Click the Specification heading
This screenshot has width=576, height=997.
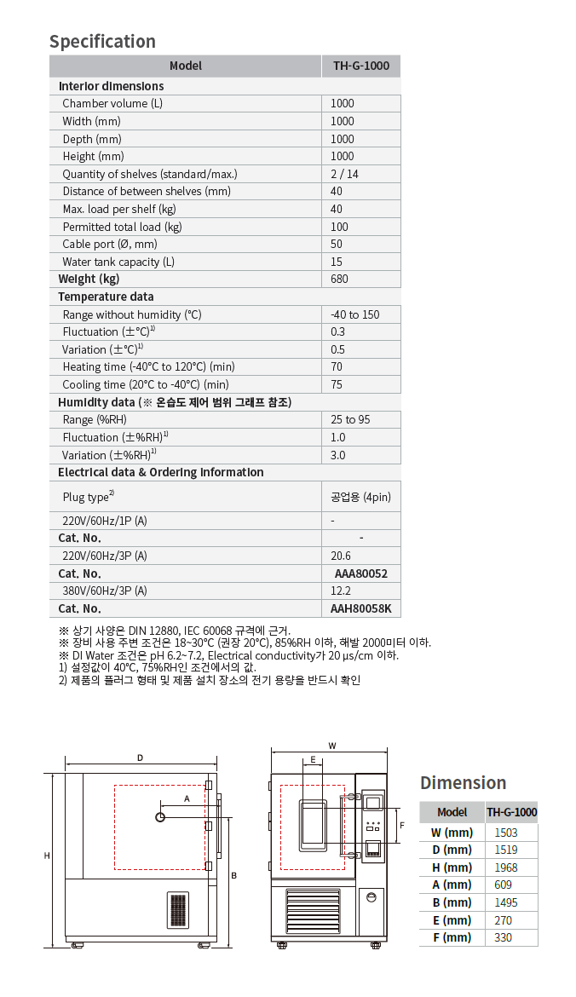102,42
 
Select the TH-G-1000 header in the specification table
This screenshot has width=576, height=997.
360,66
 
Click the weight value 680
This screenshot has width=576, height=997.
340,280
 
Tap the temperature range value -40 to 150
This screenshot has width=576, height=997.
355,314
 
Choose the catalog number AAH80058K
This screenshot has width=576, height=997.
361,608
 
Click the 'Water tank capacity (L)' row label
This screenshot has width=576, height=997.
118,262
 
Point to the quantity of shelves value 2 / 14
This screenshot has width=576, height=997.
345,174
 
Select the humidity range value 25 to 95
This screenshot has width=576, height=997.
350,420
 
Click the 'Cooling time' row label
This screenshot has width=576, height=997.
146,385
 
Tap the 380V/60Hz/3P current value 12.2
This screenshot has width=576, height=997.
341,591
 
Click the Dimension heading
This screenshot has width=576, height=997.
463,783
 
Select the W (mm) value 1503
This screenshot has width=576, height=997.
505,833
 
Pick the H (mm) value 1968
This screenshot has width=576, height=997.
505,867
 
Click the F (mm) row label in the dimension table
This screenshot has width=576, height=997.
452,937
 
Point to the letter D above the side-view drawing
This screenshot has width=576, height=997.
140,758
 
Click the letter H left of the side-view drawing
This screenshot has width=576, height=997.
48,855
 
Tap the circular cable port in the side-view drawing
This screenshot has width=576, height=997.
160,817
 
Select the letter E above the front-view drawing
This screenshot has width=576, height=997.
313,758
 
